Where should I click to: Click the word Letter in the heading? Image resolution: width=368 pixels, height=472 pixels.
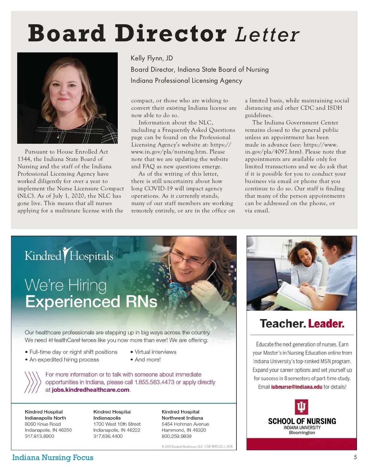tap(267, 34)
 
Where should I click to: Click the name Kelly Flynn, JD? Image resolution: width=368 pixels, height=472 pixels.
tap(152, 58)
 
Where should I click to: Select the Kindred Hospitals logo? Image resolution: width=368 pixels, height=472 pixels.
tap(69, 255)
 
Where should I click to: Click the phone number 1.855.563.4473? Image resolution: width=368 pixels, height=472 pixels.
tap(155, 382)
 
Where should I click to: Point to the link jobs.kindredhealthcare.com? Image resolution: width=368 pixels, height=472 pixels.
tap(90, 390)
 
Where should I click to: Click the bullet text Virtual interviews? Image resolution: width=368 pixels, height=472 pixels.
tap(155, 352)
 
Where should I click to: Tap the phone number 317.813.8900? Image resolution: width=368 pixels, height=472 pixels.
tap(39, 436)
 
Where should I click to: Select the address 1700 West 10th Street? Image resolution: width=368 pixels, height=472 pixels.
tap(117, 424)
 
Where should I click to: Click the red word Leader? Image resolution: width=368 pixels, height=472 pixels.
tap(326, 324)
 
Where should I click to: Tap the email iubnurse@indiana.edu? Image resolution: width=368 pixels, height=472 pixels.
tap(297, 387)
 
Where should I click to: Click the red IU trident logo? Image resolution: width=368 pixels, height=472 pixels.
tap(301, 407)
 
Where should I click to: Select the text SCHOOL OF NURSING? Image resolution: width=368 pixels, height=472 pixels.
tap(302, 421)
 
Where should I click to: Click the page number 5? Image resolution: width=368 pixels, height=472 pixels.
tap(355, 457)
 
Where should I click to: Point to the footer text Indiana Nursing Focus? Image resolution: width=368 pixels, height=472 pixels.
tap(53, 458)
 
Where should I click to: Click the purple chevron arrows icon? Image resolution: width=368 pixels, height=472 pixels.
tap(32, 382)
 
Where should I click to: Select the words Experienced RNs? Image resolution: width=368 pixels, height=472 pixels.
tap(91, 302)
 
